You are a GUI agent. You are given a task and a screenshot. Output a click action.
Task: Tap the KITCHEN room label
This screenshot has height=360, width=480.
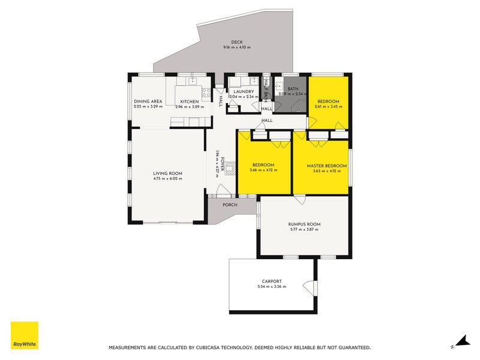coord(190,101)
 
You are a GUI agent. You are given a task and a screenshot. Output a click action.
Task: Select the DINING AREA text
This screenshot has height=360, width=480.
coord(148,101)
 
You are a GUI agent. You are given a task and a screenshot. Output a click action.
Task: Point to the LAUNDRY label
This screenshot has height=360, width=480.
coord(244,91)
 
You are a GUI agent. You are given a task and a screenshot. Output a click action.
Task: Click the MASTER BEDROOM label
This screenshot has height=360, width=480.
coord(327,166)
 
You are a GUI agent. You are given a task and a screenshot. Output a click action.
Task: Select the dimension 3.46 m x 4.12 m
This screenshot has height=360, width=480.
coord(263,171)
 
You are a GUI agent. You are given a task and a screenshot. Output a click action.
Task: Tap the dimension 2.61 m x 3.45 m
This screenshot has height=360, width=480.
coord(328,106)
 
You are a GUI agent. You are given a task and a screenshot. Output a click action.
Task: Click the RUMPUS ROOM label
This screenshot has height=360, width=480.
coord(304,224)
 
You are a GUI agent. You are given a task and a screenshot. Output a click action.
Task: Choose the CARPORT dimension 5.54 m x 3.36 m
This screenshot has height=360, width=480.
coord(271,287)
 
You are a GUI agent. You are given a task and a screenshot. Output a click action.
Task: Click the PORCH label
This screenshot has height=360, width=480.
coord(230,205)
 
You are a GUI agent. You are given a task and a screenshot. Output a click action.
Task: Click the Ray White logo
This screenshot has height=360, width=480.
coord(25,335)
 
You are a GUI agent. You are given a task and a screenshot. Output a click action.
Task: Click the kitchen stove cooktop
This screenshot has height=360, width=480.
coord(206,93)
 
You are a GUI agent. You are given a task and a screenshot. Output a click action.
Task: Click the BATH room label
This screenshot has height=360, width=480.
coord(293,89)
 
